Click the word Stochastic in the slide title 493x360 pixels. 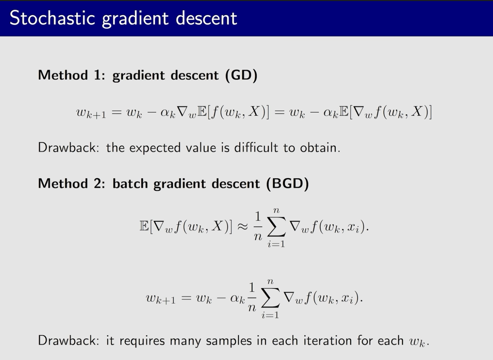pyautogui.click(x=52, y=18)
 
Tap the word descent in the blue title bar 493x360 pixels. pyautogui.click(x=207, y=18)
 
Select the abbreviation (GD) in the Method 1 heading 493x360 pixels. pyautogui.click(x=241, y=75)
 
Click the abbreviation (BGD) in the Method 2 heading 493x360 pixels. pyautogui.click(x=288, y=183)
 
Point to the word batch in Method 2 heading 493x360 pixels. pyautogui.click(x=130, y=183)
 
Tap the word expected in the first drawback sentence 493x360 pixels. pyautogui.click(x=155, y=148)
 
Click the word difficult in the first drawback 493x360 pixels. pyautogui.click(x=256, y=147)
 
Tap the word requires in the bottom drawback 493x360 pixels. pyautogui.click(x=142, y=341)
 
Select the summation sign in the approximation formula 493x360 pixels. pyautogui.click(x=276, y=227)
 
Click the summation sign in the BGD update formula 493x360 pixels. pyautogui.click(x=270, y=298)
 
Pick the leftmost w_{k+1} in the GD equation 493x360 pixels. pyautogui.click(x=91, y=114)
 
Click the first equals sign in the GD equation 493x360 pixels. pyautogui.click(x=117, y=112)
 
